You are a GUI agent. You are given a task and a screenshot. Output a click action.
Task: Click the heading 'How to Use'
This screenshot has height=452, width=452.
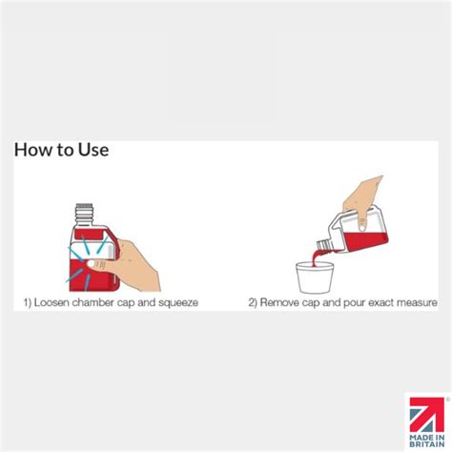click(x=61, y=150)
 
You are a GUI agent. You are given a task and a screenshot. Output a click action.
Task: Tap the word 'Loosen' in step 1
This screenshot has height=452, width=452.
click(x=51, y=302)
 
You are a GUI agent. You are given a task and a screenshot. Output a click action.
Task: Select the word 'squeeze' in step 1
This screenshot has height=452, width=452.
click(x=178, y=302)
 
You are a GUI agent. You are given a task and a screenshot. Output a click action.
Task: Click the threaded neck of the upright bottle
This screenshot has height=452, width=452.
click(x=84, y=215)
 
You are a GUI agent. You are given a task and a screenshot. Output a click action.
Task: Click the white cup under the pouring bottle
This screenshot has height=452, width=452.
click(x=315, y=277)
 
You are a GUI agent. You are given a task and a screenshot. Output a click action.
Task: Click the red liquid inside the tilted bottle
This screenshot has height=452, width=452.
click(x=365, y=241)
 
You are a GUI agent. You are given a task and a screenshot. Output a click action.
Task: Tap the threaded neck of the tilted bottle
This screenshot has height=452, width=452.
click(x=324, y=246)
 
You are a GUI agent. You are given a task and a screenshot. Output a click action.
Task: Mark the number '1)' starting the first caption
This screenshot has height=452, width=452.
click(x=28, y=302)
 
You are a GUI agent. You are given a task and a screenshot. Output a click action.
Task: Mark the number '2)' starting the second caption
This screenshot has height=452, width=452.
click(x=253, y=302)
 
